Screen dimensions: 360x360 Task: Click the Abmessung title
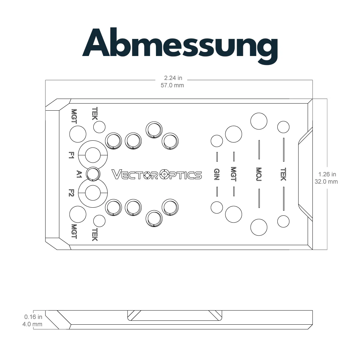pyautogui.click(x=180, y=45)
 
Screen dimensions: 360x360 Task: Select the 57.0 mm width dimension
pyautogui.click(x=172, y=85)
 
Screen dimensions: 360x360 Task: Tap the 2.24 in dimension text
pyautogui.click(x=173, y=78)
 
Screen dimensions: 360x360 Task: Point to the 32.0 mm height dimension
pyautogui.click(x=326, y=182)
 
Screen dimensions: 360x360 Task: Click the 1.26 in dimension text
pyautogui.click(x=327, y=174)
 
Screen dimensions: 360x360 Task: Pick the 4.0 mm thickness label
pyautogui.click(x=32, y=324)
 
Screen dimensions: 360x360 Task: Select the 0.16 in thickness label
pyautogui.click(x=33, y=317)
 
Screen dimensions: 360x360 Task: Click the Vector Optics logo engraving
pyautogui.click(x=157, y=175)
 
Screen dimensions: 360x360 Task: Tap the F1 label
pyautogui.click(x=71, y=155)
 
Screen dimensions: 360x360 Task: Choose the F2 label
pyautogui.click(x=71, y=193)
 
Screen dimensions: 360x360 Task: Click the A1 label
pyautogui.click(x=79, y=174)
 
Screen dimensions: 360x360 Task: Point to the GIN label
pyautogui.click(x=217, y=174)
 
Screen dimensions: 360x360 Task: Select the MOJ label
pyautogui.click(x=259, y=174)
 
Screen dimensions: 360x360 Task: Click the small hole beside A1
pyautogui.click(x=93, y=174)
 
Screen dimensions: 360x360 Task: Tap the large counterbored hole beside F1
pyautogui.click(x=93, y=155)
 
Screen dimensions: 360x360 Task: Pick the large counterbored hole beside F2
pyautogui.click(x=93, y=193)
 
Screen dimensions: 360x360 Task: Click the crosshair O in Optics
pyautogui.click(x=164, y=175)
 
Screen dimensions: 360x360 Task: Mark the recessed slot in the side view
pyautogui.click(x=175, y=315)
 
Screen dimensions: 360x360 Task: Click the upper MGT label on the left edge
pyautogui.click(x=74, y=116)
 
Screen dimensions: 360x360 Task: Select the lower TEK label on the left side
pyautogui.click(x=95, y=235)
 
